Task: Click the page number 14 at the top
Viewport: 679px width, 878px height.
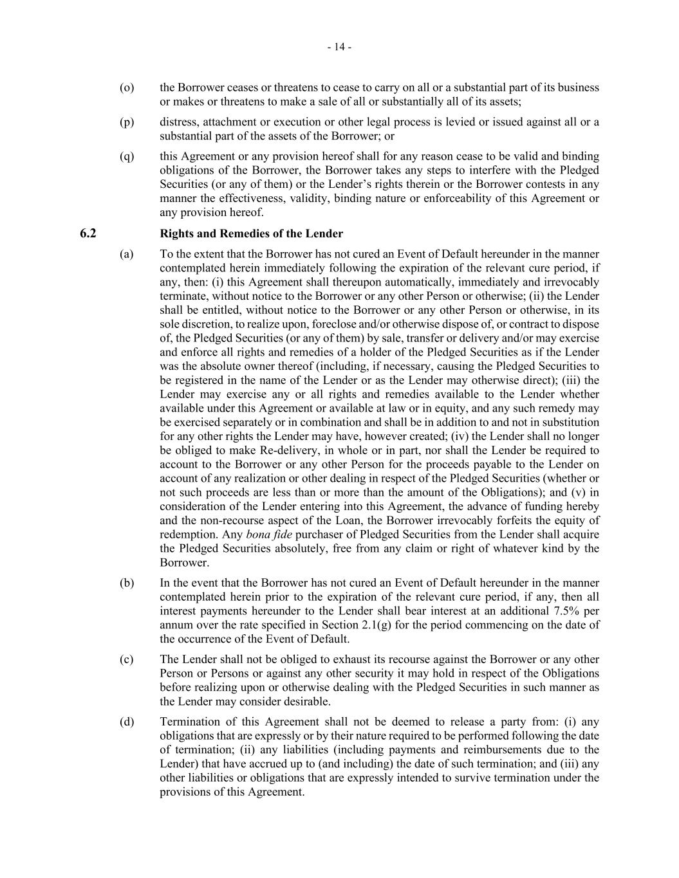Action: (339, 47)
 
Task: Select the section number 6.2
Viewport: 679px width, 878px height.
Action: (88, 233)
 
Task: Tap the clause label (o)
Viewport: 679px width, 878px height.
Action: (127, 87)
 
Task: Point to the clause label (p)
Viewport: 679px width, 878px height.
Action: (127, 122)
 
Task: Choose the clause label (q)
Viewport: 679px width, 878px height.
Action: (127, 156)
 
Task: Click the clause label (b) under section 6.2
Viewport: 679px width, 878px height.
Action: (127, 583)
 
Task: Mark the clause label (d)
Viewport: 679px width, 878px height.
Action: (127, 722)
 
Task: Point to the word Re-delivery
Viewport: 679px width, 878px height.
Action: (255, 450)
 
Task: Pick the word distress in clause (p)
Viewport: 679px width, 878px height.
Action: (178, 122)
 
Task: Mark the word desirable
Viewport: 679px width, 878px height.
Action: (308, 702)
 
